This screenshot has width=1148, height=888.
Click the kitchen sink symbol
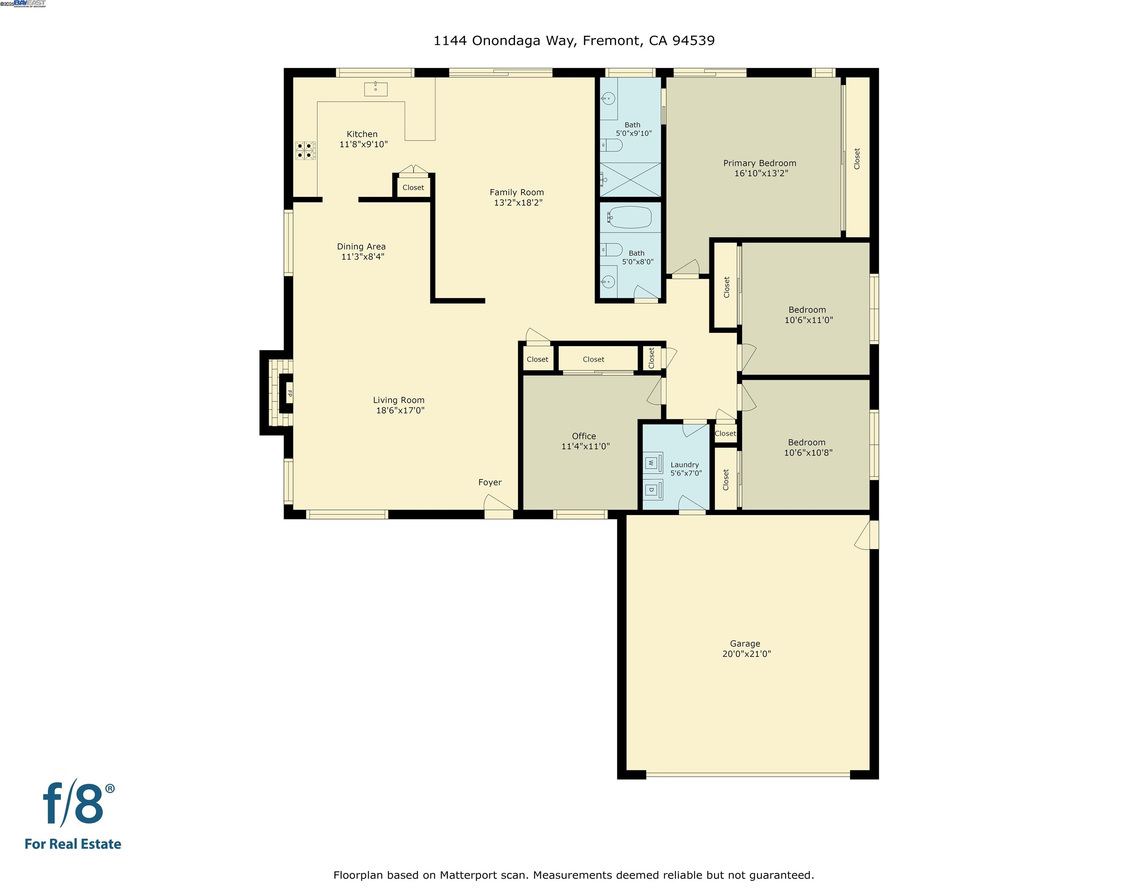[375, 89]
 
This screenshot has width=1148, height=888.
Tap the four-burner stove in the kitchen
[305, 150]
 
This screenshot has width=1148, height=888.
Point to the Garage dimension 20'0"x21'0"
[746, 654]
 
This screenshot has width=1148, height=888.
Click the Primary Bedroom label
[759, 163]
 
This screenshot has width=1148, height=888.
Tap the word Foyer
[489, 483]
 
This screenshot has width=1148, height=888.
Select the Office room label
[583, 436]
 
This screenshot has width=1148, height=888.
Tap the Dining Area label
[361, 247]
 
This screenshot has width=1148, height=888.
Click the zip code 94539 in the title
[693, 40]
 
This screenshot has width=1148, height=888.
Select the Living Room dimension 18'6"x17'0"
[400, 410]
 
